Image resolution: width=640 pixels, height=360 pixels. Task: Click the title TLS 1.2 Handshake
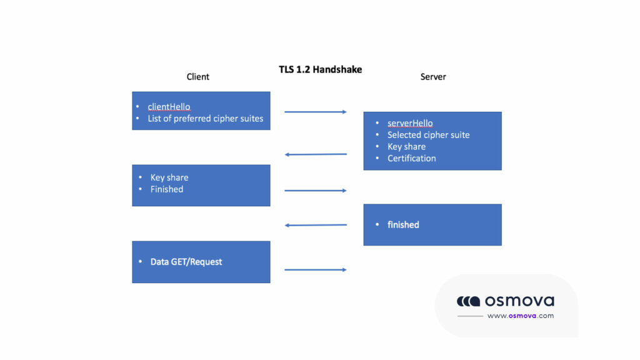point(320,69)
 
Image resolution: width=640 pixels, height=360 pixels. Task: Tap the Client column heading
point(197,77)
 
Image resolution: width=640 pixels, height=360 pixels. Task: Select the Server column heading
point(433,77)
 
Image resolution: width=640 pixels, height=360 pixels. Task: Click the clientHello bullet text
point(169,107)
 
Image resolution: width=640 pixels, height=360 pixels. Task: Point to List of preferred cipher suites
point(205,119)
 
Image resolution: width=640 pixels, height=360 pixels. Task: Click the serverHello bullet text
point(410,124)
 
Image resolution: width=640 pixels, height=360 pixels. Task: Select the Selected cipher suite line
point(428,135)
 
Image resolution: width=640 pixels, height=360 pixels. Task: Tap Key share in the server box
point(406,147)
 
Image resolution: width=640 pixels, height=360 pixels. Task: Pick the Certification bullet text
point(411,159)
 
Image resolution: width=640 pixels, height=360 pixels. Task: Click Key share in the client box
point(169,177)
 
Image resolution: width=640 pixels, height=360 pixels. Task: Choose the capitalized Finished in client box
point(166,189)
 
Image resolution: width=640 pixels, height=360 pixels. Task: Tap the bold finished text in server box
point(403,225)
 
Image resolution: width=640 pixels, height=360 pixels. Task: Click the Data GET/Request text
point(186,262)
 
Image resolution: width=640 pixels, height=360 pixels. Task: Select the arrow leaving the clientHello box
point(315,112)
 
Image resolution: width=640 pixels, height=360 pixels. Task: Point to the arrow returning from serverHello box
point(315,154)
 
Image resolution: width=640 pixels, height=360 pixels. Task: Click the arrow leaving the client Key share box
point(315,191)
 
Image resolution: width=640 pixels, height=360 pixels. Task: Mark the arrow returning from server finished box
point(315,225)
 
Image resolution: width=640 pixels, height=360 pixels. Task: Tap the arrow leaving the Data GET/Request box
point(315,269)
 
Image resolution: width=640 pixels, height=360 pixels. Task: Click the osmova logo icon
point(468,301)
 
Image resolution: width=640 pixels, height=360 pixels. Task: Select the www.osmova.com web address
point(520,316)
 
